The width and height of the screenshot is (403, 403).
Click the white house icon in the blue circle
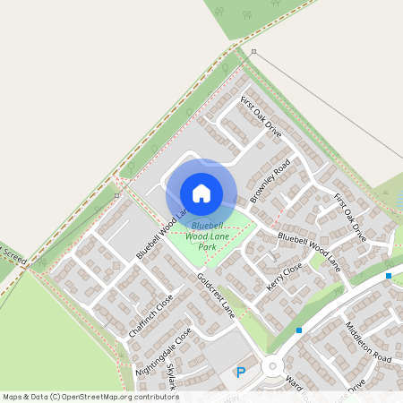click(201, 193)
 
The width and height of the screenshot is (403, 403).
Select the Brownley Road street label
click(270, 181)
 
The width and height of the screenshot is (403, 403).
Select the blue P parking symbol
click(240, 372)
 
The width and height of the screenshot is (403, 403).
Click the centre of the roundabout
click(272, 365)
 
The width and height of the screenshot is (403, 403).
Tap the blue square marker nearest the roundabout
click(299, 330)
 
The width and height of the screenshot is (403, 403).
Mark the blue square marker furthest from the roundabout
click(389, 276)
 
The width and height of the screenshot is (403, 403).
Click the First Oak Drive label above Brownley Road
click(261, 117)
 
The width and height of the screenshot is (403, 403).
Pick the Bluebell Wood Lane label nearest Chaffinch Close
click(161, 236)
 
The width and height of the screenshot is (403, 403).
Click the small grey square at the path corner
click(253, 52)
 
